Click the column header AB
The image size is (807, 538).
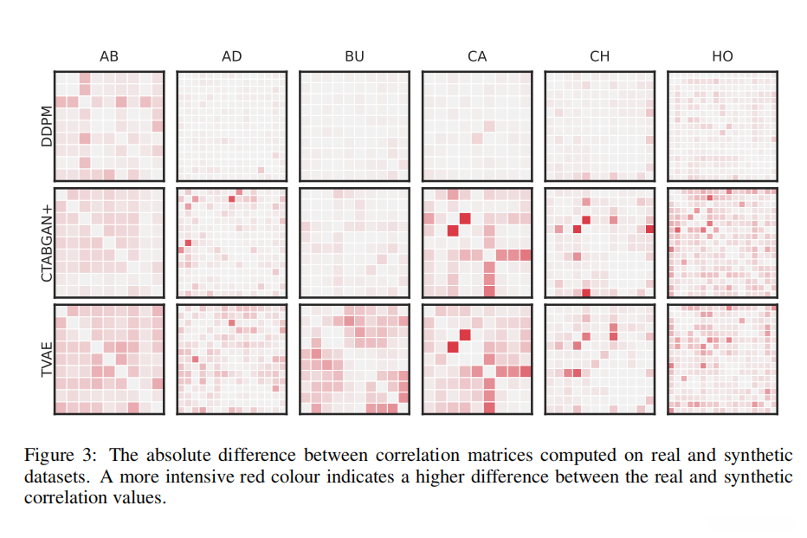109,56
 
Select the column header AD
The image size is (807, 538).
231,56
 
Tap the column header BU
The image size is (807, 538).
354,56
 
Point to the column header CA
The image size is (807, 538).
477,56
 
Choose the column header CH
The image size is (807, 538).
599,56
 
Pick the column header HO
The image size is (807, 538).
722,56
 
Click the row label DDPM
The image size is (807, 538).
47,126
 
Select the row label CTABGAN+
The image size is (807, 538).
47,242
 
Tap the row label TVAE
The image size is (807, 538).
47,358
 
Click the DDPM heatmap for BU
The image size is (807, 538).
354,126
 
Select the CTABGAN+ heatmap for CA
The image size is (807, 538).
477,242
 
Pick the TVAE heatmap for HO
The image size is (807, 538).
722,358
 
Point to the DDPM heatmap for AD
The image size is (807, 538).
231,126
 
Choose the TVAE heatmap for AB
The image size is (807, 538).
109,358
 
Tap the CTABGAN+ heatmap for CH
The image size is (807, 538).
599,242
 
